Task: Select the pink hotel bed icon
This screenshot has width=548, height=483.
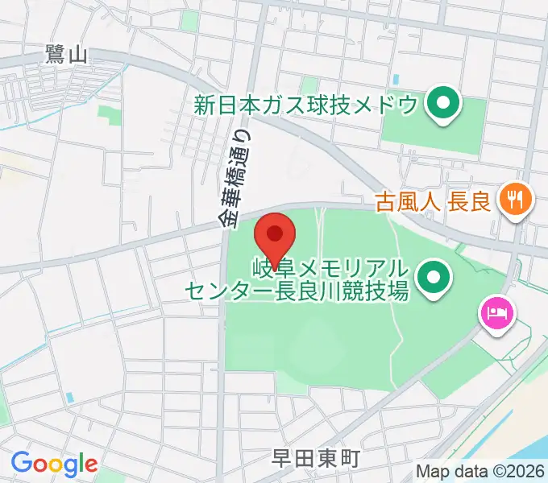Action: point(494,312)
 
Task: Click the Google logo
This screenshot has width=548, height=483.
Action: point(54,464)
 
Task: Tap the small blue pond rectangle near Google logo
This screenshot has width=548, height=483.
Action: point(69,397)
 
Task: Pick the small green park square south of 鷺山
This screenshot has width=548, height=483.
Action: point(110,117)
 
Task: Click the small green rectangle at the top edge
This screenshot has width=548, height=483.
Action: point(189,20)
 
